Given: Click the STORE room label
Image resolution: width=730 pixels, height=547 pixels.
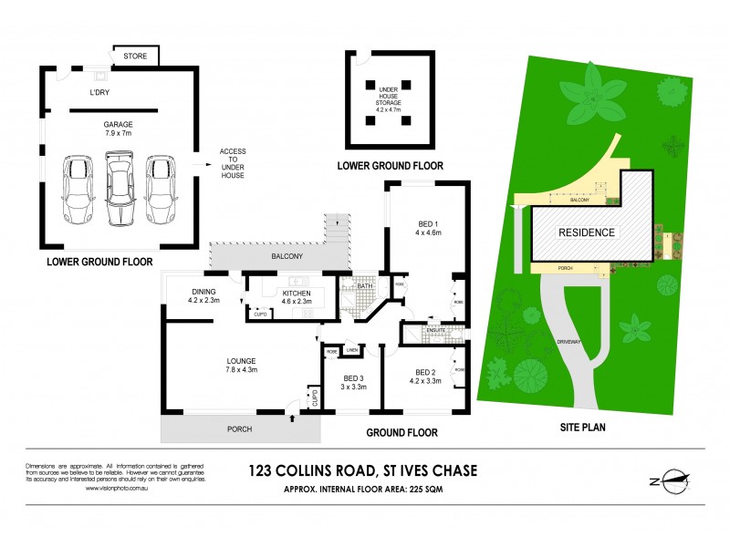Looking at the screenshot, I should pyautogui.click(x=135, y=57).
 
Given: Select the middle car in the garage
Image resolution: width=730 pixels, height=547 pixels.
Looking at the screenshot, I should pyautogui.click(x=120, y=189).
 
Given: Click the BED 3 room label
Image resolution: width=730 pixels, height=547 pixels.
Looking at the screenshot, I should pyautogui.click(x=354, y=382).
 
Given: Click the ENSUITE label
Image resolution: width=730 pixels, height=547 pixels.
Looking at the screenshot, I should pyautogui.click(x=420, y=330).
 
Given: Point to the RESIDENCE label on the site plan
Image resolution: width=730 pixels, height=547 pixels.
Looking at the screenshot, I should pyautogui.click(x=586, y=232).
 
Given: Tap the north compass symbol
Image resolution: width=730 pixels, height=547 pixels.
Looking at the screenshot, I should pyautogui.click(x=673, y=481).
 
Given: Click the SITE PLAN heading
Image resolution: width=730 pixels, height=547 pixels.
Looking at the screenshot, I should pyautogui.click(x=584, y=426).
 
